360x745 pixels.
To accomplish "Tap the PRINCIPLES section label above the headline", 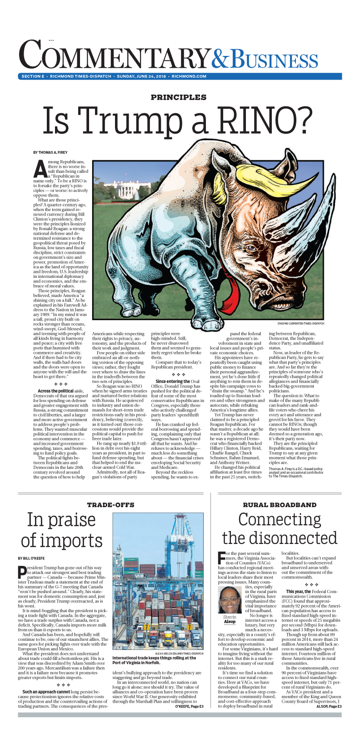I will click(x=179, y=97).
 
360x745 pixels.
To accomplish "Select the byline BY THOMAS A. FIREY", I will click(x=50, y=152).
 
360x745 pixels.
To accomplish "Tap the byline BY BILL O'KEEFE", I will click(x=31, y=558).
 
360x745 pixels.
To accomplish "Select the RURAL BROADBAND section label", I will click(x=280, y=505).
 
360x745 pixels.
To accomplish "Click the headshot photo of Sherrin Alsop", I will click(x=230, y=599).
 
